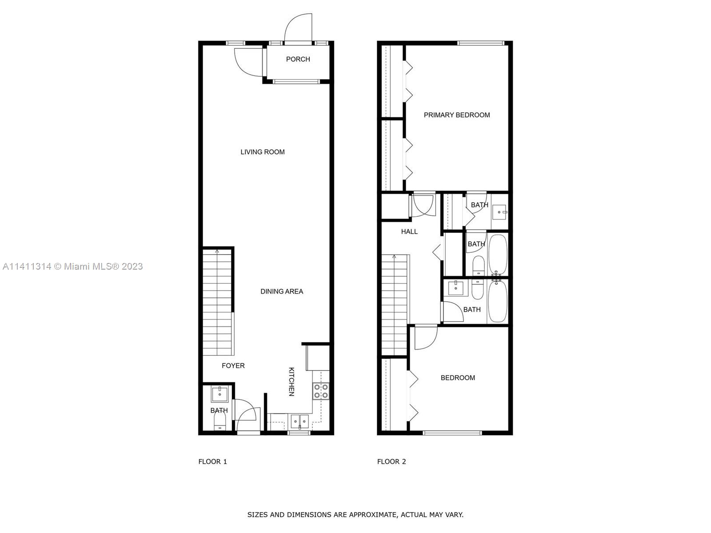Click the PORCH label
298,59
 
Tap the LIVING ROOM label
262,152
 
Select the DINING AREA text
282,291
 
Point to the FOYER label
233,366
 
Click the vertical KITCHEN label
291,382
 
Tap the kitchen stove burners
321,391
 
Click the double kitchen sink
300,422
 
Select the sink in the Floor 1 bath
219,394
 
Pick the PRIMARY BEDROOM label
457,115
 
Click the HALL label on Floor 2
409,232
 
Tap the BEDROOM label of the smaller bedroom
458,378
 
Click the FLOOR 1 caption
212,462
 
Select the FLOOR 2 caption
391,462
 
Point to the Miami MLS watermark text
72,266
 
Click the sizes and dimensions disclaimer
355,515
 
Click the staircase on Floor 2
394,305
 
